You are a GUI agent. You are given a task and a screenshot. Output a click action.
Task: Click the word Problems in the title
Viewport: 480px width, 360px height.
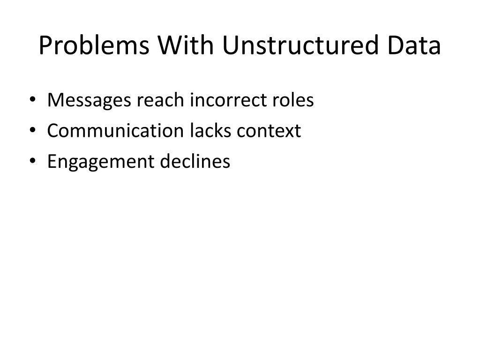tap(94, 45)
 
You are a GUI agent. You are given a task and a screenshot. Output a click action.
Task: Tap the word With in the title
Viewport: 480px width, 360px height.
tap(186, 45)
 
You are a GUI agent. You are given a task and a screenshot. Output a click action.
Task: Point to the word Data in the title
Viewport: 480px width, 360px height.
tap(414, 45)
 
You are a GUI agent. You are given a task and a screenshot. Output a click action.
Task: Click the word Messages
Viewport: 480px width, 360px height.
tap(89, 101)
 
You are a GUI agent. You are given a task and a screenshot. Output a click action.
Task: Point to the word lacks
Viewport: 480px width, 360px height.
tap(210, 130)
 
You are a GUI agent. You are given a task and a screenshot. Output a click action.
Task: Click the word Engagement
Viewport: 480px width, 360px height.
tap(101, 162)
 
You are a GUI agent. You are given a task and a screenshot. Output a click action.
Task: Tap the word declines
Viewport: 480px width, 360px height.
tap(195, 161)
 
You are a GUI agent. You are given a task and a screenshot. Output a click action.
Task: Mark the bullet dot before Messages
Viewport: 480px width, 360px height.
tap(32, 99)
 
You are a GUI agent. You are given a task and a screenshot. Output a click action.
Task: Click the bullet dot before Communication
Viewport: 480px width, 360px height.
tap(32, 130)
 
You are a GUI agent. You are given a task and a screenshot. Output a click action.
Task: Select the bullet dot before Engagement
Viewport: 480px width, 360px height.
tap(32, 160)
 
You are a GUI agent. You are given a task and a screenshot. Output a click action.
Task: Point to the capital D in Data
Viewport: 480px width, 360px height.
tap(396, 45)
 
